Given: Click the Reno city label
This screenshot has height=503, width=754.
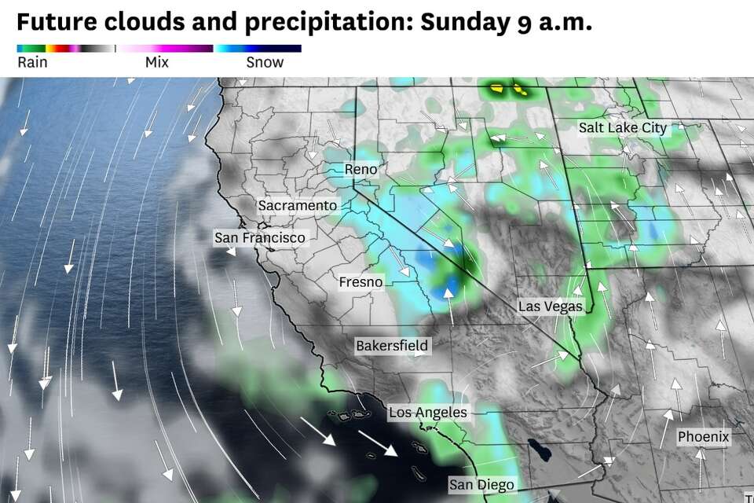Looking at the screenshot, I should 361,169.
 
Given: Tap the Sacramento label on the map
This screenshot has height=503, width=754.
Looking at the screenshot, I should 298,205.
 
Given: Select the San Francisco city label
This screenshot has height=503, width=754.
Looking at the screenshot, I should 260,237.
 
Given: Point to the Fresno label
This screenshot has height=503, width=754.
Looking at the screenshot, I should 361,281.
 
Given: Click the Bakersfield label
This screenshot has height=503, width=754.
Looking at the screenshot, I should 392,345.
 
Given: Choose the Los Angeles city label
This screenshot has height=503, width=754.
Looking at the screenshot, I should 428,412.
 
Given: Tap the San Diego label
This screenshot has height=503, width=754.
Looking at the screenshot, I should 481,484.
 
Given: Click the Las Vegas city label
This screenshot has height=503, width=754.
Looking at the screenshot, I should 551,306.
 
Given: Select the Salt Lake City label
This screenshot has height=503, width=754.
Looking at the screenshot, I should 622,127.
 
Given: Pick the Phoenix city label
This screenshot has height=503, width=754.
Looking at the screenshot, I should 704,436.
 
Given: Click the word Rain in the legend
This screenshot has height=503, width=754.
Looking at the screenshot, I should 32,63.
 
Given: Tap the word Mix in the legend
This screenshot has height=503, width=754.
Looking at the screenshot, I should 157,63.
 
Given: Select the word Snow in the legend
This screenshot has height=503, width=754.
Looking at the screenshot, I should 265,63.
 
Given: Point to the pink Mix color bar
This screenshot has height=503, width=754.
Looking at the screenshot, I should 165,49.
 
